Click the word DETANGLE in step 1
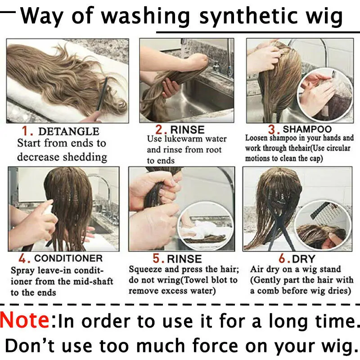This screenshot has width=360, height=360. pyautogui.click(x=69, y=131)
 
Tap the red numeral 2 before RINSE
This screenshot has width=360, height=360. pyautogui.click(x=160, y=130)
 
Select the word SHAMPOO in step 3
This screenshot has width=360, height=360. pyautogui.click(x=307, y=129)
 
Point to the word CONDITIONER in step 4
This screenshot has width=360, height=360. pyautogui.click(x=68, y=258)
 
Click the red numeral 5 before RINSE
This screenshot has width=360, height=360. pyautogui.click(x=157, y=258)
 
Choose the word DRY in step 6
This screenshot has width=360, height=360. pyautogui.click(x=303, y=259)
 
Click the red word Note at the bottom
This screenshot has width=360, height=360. pyautogui.click(x=25, y=319)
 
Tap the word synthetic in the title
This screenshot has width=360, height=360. pyautogui.click(x=247, y=17)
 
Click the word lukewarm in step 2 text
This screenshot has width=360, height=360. pyautogui.click(x=184, y=139)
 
